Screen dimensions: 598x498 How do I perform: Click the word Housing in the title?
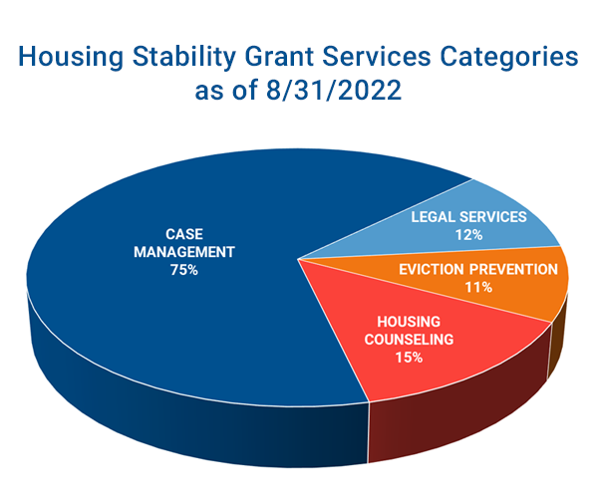pos(71,58)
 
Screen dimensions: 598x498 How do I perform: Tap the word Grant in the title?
pos(279,57)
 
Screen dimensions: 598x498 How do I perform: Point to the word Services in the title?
pos(377,57)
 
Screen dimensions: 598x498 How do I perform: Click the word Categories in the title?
pos(509,58)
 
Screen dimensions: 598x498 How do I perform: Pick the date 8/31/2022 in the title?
pos(334,90)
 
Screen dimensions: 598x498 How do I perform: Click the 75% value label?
pos(184,270)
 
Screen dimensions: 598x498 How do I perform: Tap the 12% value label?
pos(468,235)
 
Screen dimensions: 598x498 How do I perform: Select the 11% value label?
pos(478,287)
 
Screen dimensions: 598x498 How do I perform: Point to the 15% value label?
pos(409,358)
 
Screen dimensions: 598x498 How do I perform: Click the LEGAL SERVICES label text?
pos(468,217)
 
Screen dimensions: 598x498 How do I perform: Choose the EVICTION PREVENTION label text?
pos(478,269)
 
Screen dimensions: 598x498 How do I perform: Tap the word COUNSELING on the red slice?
pos(409,340)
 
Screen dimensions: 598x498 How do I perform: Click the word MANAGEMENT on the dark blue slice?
pos(184,252)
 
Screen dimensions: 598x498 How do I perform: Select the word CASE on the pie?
pos(184,234)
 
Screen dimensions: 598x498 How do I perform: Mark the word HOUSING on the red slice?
pos(409,322)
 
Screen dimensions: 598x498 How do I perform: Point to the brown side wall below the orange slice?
pos(557,336)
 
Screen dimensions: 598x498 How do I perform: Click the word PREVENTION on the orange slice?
pos(513,269)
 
